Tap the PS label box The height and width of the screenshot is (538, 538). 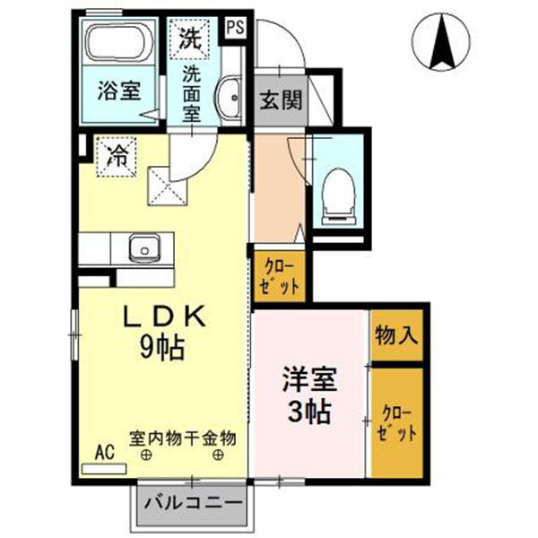tap(234, 27)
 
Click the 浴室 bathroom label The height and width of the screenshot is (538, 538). tap(118, 91)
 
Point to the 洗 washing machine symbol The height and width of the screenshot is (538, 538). tap(189, 38)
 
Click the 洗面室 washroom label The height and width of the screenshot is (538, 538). tap(191, 92)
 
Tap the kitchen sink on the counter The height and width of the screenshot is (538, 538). tap(141, 247)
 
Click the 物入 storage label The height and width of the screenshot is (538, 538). tap(395, 335)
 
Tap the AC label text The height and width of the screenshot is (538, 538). tap(104, 453)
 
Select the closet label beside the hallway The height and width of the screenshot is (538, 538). tap(279, 275)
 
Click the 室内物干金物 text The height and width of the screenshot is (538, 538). tap(182, 438)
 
